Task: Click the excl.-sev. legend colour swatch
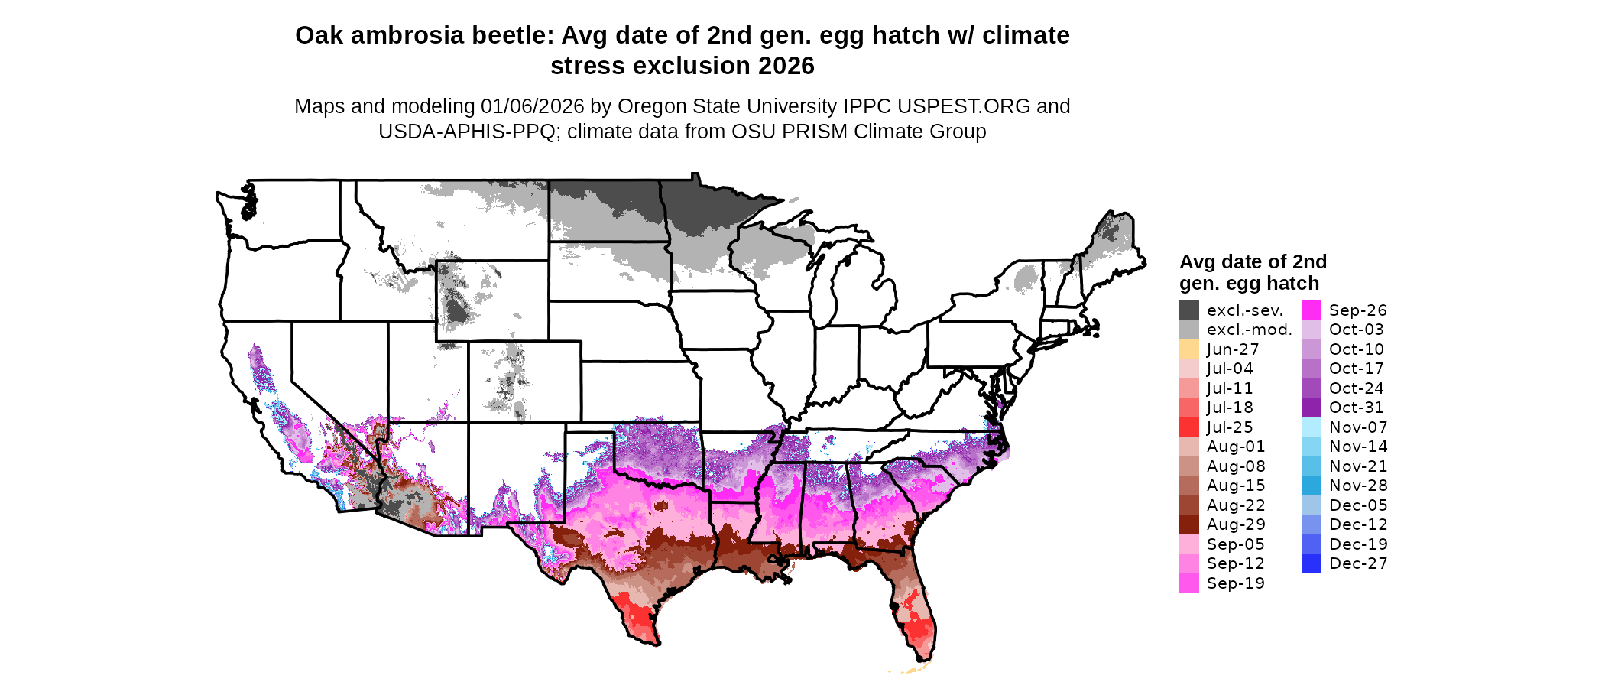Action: (1188, 310)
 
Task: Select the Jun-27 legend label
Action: (1232, 349)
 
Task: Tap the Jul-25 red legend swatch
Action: (1188, 427)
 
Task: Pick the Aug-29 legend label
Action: (1235, 524)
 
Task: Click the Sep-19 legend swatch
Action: (1188, 583)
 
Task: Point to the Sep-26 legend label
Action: (1357, 310)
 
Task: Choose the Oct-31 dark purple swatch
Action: (1311, 408)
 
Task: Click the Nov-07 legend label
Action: (1357, 427)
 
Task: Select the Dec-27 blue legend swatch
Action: (1311, 563)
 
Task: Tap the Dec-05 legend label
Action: (1357, 505)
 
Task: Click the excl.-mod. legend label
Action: (1249, 330)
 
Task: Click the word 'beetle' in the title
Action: (515, 36)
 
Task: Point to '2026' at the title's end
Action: (786, 67)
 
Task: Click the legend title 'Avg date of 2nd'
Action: (1253, 262)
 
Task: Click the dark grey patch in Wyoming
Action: (457, 310)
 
